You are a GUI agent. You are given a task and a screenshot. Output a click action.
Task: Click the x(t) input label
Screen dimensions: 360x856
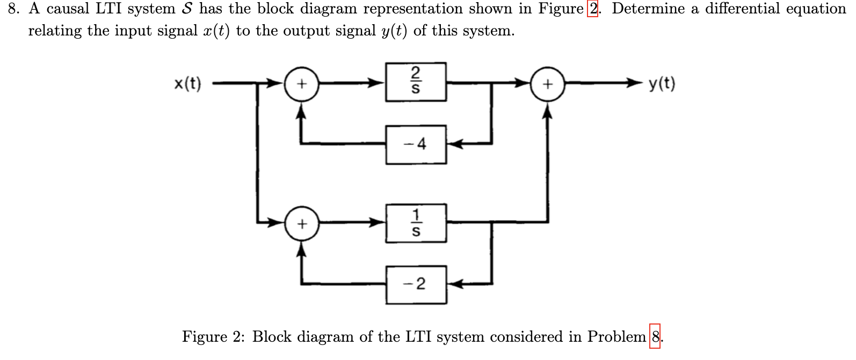187,84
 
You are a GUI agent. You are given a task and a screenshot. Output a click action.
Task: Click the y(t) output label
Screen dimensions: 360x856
662,84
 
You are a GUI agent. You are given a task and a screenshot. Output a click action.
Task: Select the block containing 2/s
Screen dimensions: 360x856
416,82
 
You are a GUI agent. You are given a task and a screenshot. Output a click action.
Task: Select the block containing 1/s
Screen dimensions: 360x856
416,223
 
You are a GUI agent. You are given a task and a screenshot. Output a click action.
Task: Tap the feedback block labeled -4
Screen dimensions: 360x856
416,144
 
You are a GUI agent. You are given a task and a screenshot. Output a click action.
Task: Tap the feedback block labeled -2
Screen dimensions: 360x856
416,284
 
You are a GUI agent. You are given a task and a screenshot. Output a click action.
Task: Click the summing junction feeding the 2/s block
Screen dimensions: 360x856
302,84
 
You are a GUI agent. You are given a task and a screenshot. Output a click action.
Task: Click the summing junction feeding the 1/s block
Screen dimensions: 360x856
302,223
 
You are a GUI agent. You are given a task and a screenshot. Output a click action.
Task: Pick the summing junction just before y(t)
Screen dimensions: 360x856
547,84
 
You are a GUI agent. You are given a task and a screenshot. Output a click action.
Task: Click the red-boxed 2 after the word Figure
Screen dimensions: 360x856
592,9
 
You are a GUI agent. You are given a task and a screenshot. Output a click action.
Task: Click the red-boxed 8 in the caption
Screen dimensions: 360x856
655,337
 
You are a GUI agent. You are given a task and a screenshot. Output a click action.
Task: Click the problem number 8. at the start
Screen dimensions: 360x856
13,9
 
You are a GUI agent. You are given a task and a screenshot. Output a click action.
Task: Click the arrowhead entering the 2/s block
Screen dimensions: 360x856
378,83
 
